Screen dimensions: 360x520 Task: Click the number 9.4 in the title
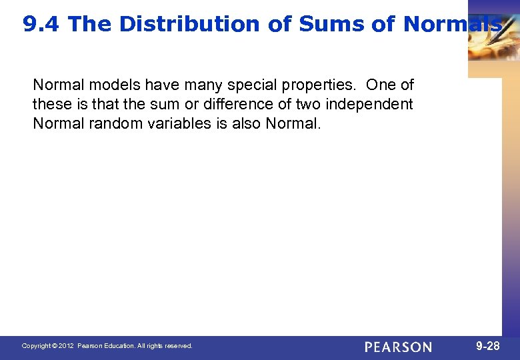[41, 25]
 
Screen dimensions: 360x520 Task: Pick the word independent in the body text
[369, 104]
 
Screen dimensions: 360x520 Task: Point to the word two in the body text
[307, 104]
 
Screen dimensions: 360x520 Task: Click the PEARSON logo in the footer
[398, 347]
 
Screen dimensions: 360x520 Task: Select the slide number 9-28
[488, 346]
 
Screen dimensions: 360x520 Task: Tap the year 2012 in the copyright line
[66, 346]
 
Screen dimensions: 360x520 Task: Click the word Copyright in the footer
[37, 346]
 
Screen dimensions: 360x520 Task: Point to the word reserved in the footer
[177, 346]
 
